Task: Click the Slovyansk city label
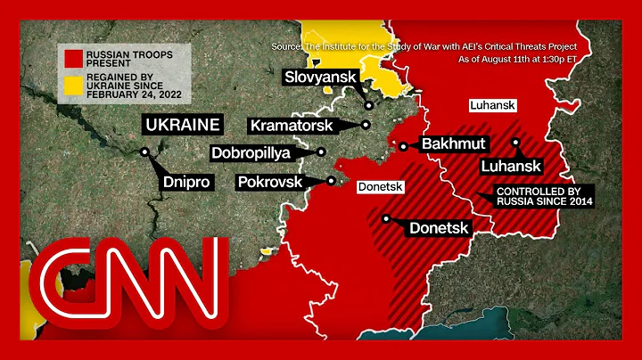[x=320, y=78]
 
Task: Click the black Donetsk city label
[x=438, y=228]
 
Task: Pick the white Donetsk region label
[x=381, y=188]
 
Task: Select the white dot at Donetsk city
[x=385, y=217]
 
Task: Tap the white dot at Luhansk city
[x=515, y=142]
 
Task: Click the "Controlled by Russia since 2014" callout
[x=545, y=196]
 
